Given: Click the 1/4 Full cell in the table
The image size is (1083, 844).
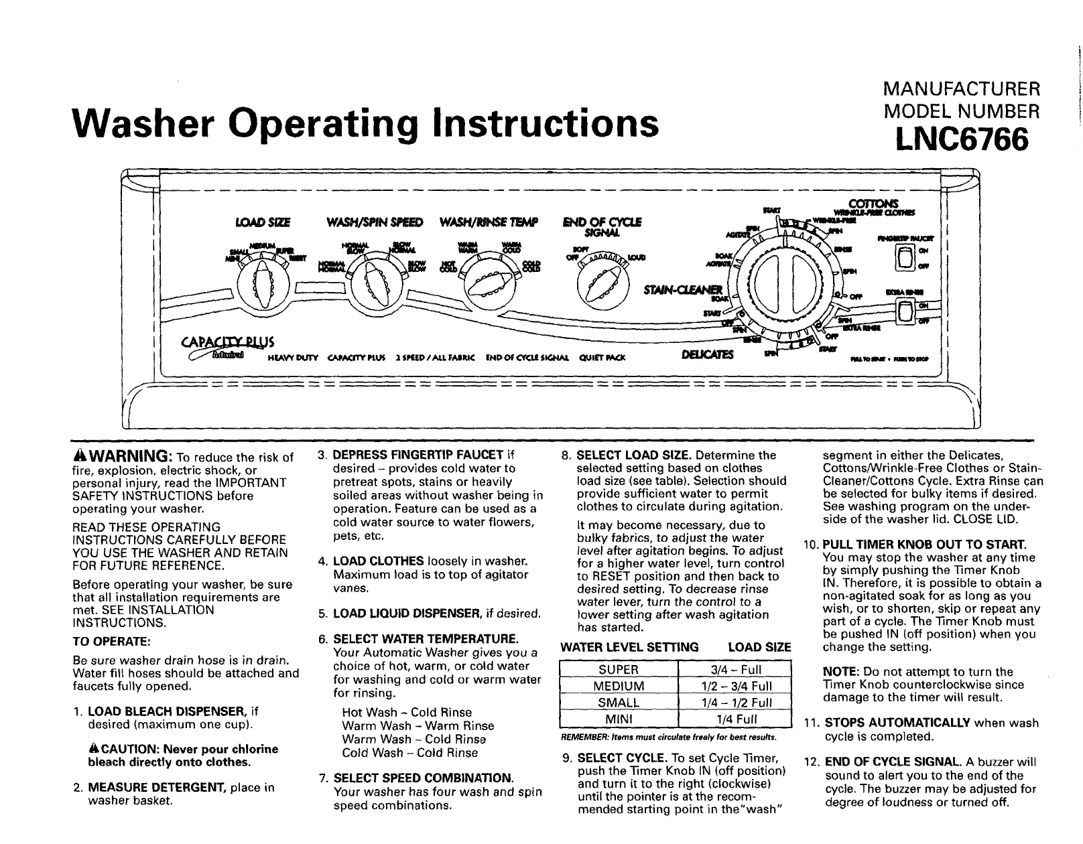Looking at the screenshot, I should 735,719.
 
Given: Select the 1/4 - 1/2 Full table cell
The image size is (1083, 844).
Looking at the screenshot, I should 735,703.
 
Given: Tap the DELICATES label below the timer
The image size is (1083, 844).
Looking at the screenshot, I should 708,354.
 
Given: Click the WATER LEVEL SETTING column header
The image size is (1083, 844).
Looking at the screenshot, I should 629,647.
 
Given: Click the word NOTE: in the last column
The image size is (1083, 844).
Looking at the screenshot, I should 838,672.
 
